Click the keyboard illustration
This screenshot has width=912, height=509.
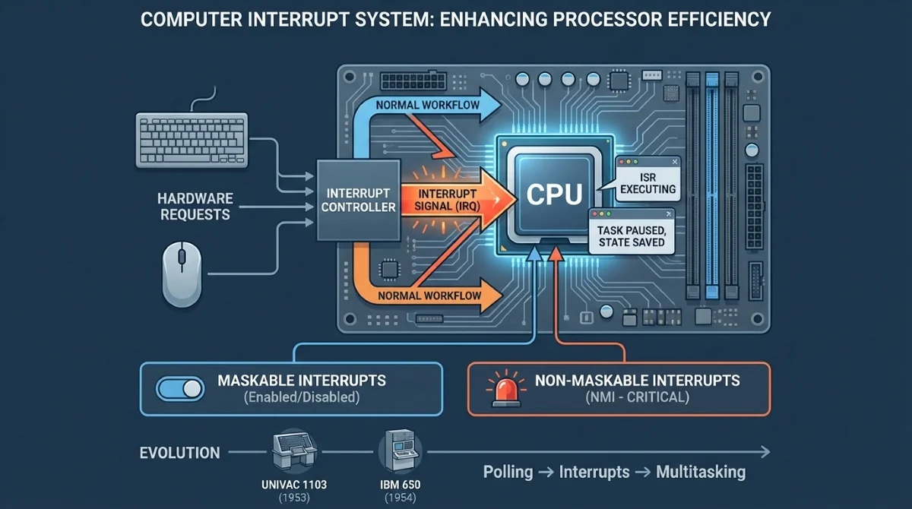click(x=192, y=139)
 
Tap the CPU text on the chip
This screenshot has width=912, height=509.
click(x=555, y=194)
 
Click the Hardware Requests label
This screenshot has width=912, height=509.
click(x=195, y=207)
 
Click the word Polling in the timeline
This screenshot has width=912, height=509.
click(x=508, y=472)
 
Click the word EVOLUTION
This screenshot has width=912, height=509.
click(x=180, y=454)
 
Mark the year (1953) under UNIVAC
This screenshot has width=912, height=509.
click(x=293, y=498)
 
